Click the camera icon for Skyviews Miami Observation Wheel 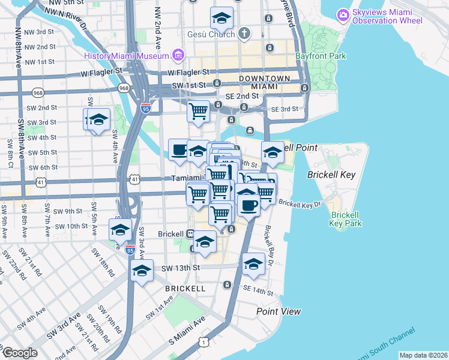point(343,14)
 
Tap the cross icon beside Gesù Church point(244,34)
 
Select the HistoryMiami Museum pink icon point(178,56)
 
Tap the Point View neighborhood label point(279,311)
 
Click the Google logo point(19,353)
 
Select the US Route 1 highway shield point(205,342)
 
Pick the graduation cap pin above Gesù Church point(221,19)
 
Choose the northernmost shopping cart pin point(198,111)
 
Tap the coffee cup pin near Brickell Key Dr point(249,205)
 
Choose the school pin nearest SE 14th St point(253,265)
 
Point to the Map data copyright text point(423,355)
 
